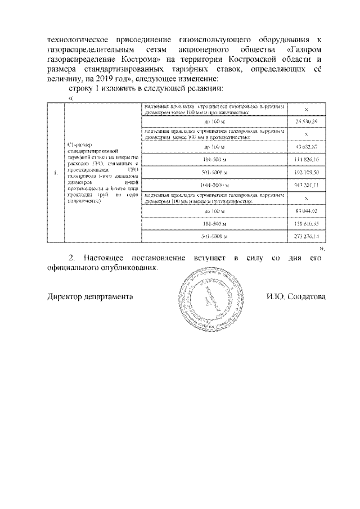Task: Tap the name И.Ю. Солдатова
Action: pos(296,297)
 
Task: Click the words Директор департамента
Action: pos(90,297)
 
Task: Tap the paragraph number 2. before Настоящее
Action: pos(71,258)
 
